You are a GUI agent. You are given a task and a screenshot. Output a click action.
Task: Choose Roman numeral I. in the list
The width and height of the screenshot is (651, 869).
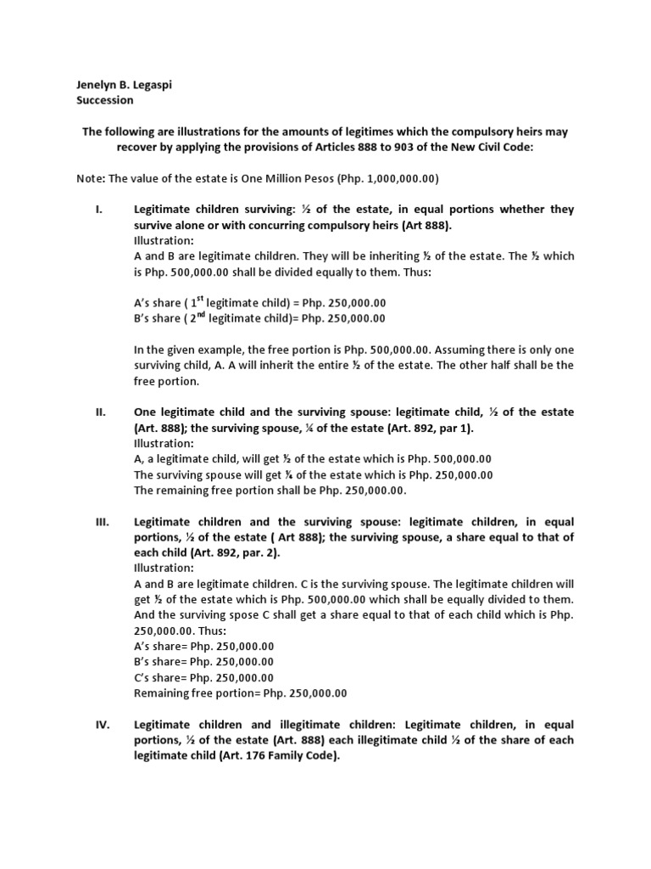click(x=98, y=210)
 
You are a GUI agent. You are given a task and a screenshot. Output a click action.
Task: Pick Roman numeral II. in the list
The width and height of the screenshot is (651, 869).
click(x=99, y=412)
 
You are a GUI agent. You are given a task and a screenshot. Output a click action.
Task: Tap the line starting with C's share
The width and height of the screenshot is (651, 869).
click(x=203, y=677)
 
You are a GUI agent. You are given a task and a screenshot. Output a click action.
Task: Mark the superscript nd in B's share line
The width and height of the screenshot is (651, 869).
click(x=198, y=316)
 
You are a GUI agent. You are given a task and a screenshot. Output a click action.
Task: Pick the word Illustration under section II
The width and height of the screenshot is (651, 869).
click(x=164, y=443)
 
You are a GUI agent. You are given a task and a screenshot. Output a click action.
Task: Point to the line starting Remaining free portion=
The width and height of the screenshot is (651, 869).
click(x=240, y=692)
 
